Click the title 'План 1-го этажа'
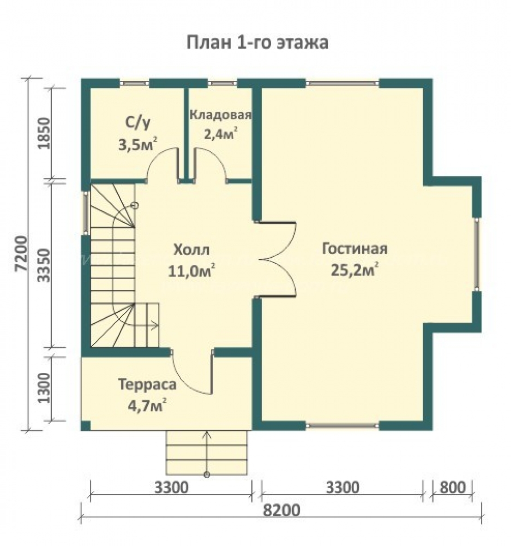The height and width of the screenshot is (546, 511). pyautogui.click(x=257, y=43)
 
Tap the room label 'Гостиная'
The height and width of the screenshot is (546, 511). pyautogui.click(x=354, y=248)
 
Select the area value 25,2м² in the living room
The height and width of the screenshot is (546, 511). pyautogui.click(x=354, y=269)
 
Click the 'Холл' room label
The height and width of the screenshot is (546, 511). pyautogui.click(x=191, y=250)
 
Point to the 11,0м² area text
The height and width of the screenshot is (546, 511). pyautogui.click(x=191, y=270)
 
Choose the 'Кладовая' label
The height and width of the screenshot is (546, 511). pyautogui.click(x=220, y=115)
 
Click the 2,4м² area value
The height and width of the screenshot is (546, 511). pyautogui.click(x=220, y=133)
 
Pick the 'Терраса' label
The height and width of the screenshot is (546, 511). pyautogui.click(x=147, y=384)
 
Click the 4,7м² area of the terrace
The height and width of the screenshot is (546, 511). pyautogui.click(x=147, y=405)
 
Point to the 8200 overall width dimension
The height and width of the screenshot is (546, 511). pyautogui.click(x=281, y=511)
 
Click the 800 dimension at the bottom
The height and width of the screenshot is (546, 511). pyautogui.click(x=453, y=488)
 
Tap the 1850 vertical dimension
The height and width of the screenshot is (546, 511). pyautogui.click(x=45, y=133)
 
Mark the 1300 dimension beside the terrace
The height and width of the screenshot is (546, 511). pyautogui.click(x=45, y=388)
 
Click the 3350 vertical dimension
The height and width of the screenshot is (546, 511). pyautogui.click(x=45, y=265)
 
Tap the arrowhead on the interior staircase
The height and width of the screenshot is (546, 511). pyautogui.click(x=155, y=325)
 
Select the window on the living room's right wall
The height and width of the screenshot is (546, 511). pyautogui.click(x=477, y=254)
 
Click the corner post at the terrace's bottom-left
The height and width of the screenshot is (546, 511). pyautogui.click(x=86, y=425)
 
